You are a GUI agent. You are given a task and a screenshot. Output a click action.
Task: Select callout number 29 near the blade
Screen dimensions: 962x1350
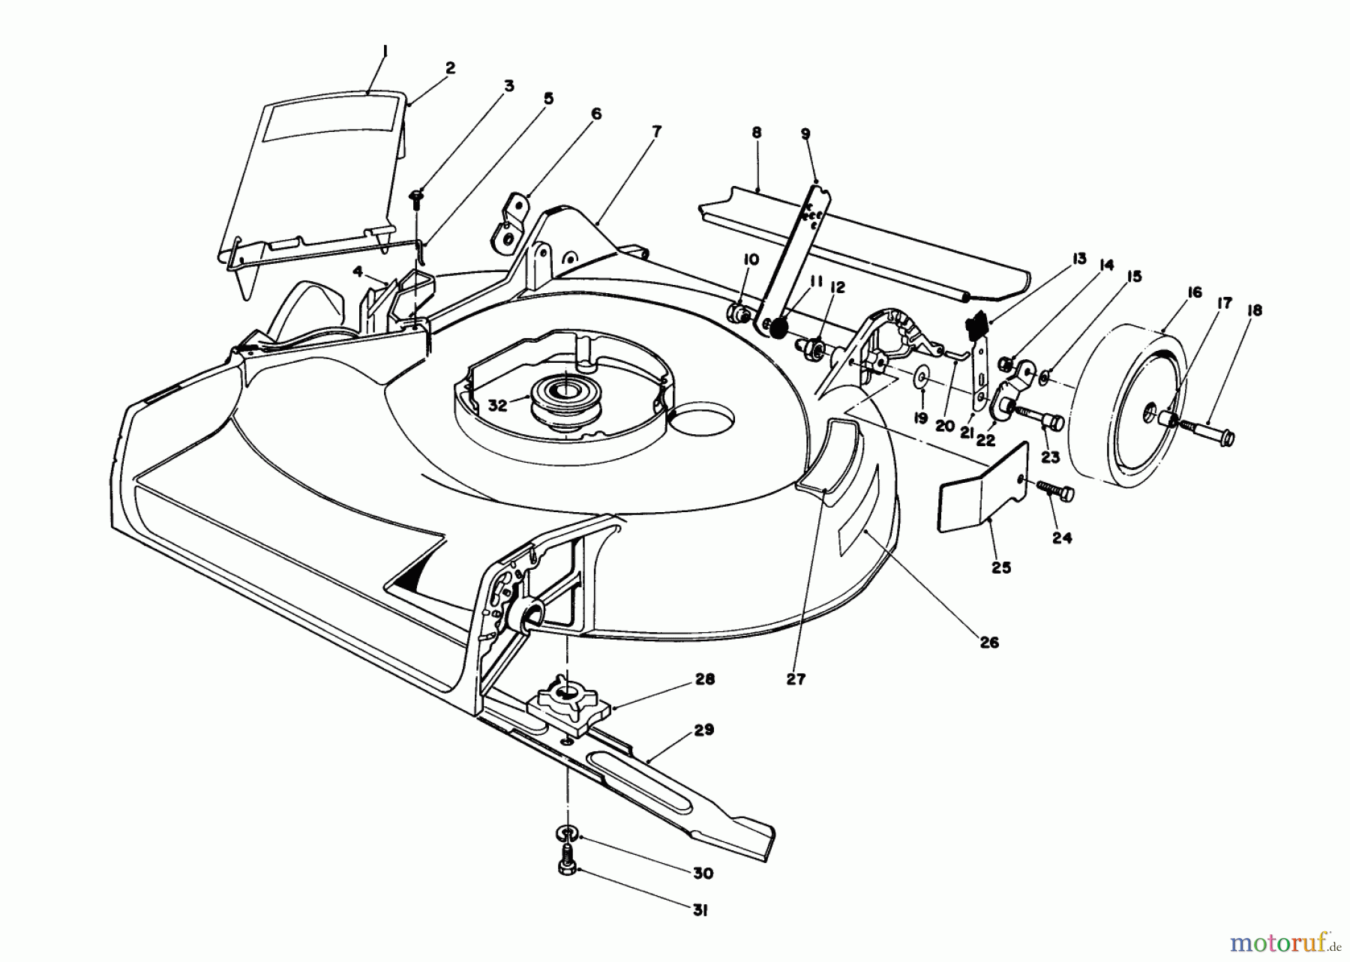[x=703, y=730]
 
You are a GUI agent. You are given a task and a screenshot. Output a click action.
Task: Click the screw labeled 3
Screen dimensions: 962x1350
[x=417, y=196]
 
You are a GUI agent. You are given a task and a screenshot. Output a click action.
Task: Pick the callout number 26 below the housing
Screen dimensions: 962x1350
[x=989, y=643]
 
